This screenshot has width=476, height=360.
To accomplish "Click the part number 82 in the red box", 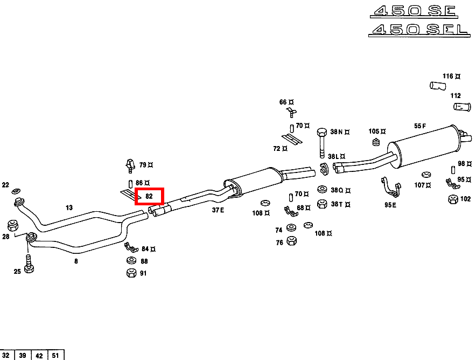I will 149,197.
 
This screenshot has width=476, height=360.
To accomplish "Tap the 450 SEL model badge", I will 419,29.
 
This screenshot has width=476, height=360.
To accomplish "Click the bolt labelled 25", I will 30,267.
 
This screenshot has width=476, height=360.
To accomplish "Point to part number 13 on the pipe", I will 69,207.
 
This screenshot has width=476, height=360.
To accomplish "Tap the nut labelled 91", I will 131,273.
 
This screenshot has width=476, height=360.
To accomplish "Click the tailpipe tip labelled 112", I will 461,107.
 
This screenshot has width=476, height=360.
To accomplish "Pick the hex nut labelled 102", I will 453,199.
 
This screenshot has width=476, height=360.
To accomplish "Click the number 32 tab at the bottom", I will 7,355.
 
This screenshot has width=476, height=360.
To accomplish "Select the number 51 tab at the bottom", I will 55,355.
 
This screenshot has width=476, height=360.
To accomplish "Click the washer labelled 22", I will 16,191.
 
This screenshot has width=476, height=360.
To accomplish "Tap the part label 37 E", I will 218,210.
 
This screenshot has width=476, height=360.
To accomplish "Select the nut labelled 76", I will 291,240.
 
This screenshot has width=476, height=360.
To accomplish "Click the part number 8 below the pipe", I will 76,261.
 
